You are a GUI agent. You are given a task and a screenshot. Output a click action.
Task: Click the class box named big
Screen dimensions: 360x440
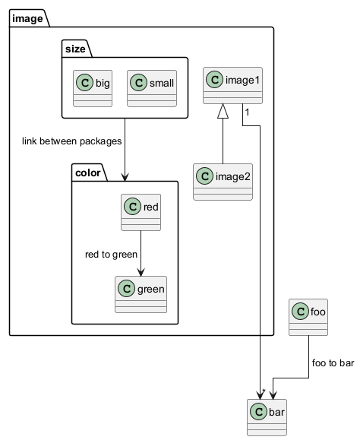tap(93, 88)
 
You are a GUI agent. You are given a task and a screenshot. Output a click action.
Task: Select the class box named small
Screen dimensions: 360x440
tap(152, 88)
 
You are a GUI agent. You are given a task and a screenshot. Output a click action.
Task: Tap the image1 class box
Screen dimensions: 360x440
tap(232, 85)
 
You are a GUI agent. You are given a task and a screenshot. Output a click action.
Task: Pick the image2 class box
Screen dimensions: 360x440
tap(223, 182)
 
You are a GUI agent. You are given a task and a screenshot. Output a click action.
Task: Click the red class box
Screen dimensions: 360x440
tap(141, 213)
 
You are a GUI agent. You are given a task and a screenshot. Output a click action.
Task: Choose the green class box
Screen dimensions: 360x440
tap(141, 294)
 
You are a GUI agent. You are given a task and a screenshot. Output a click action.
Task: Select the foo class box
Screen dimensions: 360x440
tap(308, 317)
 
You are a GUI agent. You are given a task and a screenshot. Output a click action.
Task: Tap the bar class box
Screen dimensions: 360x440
tap(267, 417)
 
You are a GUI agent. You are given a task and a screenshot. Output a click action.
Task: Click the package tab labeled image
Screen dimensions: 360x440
tap(27, 18)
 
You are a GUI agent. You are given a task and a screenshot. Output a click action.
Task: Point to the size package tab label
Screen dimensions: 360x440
tap(75, 49)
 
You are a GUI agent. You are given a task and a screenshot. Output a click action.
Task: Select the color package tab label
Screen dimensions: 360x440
tap(88, 173)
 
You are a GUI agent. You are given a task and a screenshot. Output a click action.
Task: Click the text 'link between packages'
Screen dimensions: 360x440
tap(72, 141)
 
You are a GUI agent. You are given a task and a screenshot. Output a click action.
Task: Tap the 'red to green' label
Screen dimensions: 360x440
tap(111, 255)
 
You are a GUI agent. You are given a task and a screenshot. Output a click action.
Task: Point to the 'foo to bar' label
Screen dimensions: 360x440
tap(333, 362)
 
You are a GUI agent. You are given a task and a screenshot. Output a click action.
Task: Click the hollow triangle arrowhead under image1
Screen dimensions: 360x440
tap(223, 111)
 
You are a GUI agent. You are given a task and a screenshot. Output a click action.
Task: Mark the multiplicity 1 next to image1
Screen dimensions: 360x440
tap(247, 112)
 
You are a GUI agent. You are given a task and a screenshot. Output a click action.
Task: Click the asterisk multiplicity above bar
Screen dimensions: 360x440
tap(264, 391)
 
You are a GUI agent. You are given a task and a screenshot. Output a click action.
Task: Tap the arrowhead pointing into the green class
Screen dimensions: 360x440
tap(141, 272)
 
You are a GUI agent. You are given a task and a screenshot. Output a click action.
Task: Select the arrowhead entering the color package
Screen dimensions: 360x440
tap(125, 177)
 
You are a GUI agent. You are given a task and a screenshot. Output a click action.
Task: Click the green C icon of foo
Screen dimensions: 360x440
tap(300, 312)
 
